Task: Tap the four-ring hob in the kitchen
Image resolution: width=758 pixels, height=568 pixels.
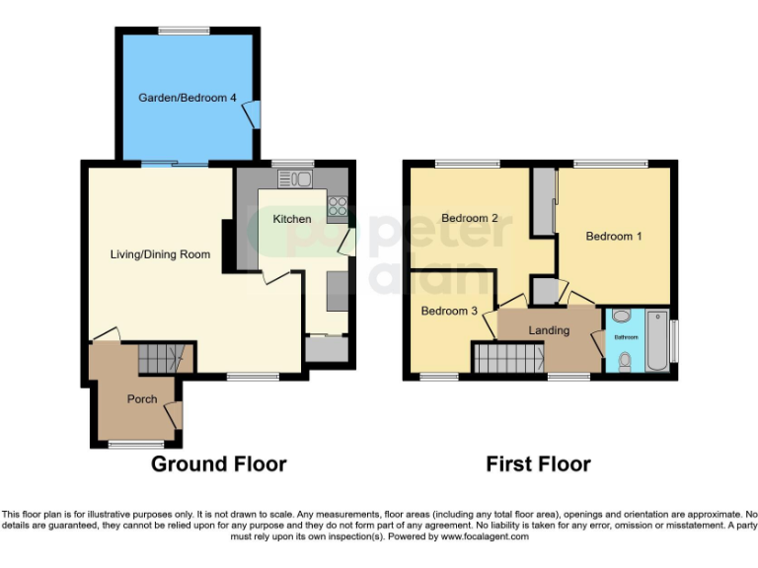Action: click(338, 207)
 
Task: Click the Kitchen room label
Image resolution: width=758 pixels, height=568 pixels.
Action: click(292, 219)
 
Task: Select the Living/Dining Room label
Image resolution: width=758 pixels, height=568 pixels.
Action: click(160, 254)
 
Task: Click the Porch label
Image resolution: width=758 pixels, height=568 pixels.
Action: click(141, 399)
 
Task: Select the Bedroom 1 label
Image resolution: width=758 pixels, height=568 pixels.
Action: click(614, 237)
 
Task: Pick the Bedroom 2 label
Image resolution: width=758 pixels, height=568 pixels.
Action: click(469, 218)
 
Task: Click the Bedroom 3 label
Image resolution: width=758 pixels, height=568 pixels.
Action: click(449, 311)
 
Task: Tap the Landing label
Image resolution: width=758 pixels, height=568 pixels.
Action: click(549, 330)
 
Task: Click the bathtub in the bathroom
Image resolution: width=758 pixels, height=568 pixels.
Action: click(656, 341)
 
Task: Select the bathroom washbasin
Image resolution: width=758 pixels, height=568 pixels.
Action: click(621, 317)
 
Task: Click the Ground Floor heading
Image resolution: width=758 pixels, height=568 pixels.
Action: click(218, 463)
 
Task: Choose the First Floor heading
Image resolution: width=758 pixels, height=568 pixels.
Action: click(538, 463)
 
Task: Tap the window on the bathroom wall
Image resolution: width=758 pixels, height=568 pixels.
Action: click(675, 339)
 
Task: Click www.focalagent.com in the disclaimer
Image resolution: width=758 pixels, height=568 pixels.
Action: click(484, 537)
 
